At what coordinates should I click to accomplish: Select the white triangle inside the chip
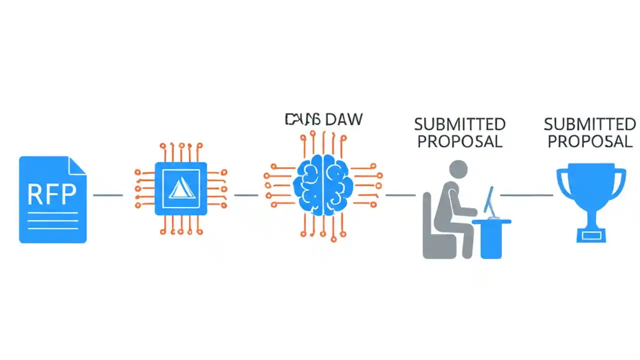tap(180, 189)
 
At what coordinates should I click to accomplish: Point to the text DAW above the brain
tap(343, 119)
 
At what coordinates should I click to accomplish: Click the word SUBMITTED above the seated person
tap(459, 124)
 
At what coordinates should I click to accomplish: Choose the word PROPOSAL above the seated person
tap(459, 141)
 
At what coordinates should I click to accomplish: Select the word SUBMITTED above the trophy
tap(589, 124)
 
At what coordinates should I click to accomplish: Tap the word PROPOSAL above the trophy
tap(589, 141)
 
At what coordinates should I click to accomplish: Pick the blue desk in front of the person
tap(491, 237)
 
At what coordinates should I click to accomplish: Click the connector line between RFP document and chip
tap(108, 195)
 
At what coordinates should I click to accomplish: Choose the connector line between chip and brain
tap(246, 195)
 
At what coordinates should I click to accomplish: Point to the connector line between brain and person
tap(400, 195)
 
